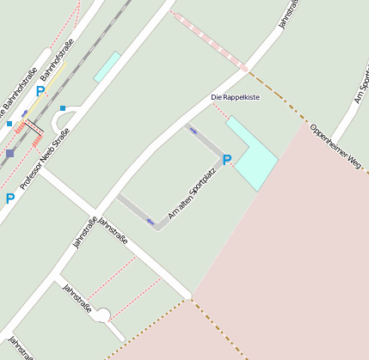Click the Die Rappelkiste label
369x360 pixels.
point(235,97)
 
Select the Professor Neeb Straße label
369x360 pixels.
point(45,158)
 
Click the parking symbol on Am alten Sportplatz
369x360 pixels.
point(227,159)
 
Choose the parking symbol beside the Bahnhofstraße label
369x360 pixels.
point(40,90)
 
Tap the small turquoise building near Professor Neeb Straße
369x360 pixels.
point(107,66)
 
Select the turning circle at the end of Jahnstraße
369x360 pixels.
point(102,315)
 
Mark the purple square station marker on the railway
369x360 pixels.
point(9,154)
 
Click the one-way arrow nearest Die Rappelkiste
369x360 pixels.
point(193,131)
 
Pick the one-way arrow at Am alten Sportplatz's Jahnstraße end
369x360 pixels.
point(151,223)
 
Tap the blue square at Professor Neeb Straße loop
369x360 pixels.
point(63,108)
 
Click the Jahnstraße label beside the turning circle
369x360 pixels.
point(77,298)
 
